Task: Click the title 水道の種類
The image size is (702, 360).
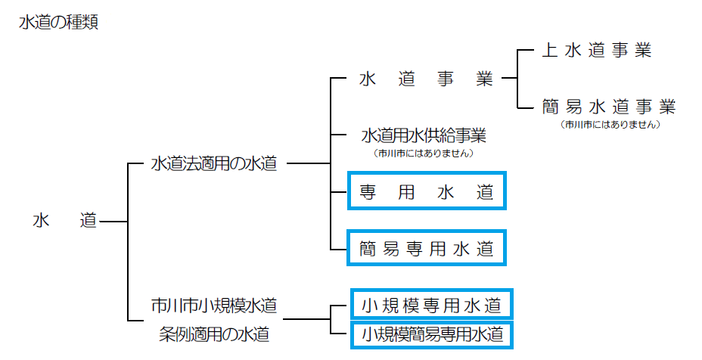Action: point(58,23)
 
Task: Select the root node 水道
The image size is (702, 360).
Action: point(65,221)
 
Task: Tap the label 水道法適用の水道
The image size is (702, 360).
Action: point(214,163)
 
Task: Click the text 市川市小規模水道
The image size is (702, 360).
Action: point(214,306)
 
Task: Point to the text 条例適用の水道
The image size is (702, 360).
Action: point(214,333)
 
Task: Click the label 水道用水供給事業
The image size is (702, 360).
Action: point(424,136)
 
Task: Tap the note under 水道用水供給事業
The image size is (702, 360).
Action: point(424,154)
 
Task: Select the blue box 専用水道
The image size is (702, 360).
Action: point(427,191)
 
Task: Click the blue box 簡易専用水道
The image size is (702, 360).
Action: point(427,248)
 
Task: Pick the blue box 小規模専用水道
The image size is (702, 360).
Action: point(431,306)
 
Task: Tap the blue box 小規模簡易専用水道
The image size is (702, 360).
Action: point(431,333)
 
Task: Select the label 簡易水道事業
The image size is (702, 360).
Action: point(608,106)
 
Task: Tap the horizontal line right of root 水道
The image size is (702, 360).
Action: point(113,222)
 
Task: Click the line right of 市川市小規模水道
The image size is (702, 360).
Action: point(307,319)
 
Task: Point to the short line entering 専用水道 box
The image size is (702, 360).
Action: point(339,191)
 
